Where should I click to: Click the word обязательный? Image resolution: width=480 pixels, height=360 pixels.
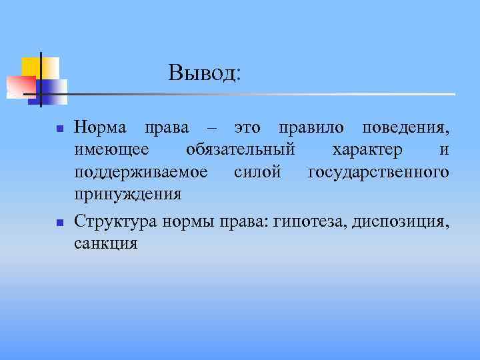click(240, 149)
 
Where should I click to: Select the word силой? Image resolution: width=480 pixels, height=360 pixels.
click(259, 172)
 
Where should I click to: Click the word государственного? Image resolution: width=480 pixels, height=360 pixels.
click(378, 173)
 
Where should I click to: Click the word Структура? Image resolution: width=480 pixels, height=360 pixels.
click(116, 221)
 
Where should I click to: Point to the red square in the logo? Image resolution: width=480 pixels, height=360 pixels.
click(20, 85)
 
